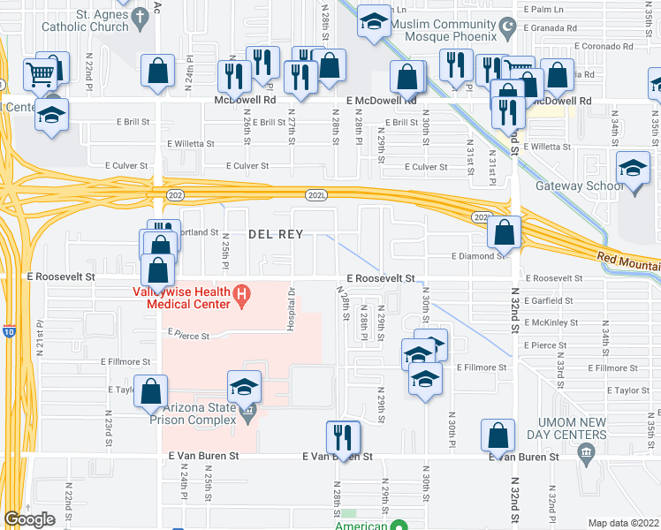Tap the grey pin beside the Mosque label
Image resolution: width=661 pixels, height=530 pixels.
pos(507,31)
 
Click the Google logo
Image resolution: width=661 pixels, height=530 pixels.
pos(30,519)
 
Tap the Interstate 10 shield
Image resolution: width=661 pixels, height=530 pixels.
pos(9,332)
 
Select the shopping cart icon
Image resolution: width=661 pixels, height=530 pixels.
pos(41,72)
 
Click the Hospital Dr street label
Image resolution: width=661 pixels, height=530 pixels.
pos(290,309)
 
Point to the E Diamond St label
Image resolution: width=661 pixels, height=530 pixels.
pos(477,256)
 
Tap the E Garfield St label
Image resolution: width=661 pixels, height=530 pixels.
pos(550,300)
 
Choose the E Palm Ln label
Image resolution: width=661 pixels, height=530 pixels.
pos(544,9)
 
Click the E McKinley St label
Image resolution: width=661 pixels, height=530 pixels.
pos(550,322)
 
